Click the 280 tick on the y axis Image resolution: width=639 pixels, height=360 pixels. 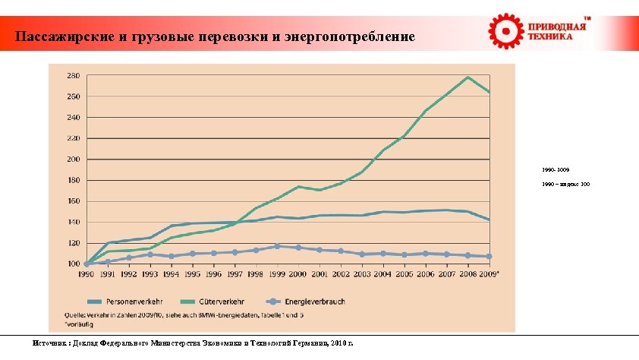point(73,76)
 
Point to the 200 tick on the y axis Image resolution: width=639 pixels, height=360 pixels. point(73,159)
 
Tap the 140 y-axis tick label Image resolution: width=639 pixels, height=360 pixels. point(73,222)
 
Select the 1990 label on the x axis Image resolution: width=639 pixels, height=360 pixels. point(87,274)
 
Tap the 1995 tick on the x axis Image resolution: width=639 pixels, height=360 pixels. point(193,274)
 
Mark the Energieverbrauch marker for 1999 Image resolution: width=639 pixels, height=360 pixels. point(278,246)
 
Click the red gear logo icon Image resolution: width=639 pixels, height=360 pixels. point(504,31)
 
